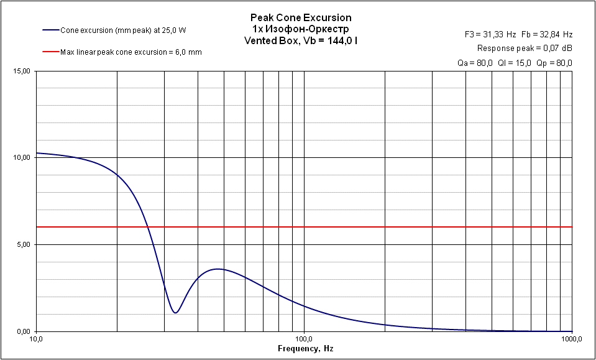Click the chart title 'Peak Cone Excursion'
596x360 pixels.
pos(300,18)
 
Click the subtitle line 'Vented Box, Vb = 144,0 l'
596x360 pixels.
pos(300,40)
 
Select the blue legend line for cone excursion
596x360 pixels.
pos(50,29)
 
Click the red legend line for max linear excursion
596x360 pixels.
pos(50,52)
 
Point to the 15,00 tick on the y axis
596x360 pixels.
pos(22,71)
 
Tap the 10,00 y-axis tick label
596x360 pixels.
pos(22,158)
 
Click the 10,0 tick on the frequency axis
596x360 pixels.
pos(36,340)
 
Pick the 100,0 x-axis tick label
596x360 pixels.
pos(304,340)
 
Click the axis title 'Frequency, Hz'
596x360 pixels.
pos(305,349)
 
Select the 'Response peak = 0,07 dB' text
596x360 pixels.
pos(525,48)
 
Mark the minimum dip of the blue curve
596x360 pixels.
pos(176,312)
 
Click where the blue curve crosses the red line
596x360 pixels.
pos(148,227)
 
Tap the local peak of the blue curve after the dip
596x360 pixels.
pos(218,269)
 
